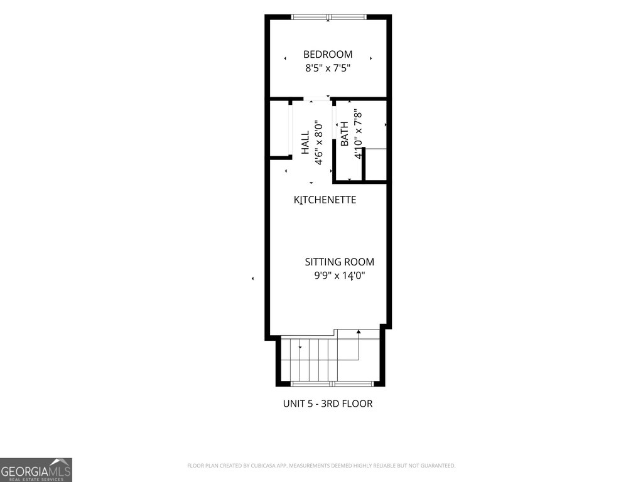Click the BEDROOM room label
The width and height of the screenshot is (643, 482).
click(x=328, y=55)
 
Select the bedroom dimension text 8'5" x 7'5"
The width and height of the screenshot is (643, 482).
click(x=328, y=68)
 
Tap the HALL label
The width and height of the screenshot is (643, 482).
click(x=306, y=142)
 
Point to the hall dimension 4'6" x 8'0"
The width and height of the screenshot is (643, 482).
click(x=318, y=142)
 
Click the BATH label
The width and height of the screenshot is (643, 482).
click(x=345, y=134)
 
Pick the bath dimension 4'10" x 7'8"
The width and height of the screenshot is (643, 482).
click(x=359, y=134)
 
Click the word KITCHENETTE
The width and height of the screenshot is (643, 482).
click(x=325, y=200)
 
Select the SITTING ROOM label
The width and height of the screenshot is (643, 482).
click(x=340, y=262)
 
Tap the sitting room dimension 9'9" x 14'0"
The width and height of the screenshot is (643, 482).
click(x=340, y=276)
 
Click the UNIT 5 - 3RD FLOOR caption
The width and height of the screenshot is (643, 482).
click(x=328, y=404)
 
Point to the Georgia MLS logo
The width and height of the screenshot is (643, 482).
click(x=36, y=469)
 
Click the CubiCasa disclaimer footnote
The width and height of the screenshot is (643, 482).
click(x=321, y=466)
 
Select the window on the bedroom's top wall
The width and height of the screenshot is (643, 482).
click(x=328, y=17)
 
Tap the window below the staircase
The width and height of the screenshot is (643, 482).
click(x=332, y=384)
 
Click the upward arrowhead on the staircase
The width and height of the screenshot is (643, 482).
click(x=359, y=331)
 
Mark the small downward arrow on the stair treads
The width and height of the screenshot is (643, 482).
click(x=300, y=348)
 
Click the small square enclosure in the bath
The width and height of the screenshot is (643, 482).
click(x=376, y=164)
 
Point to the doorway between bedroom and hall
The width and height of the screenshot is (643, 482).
click(x=317, y=99)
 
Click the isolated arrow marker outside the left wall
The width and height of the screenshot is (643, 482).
click(x=252, y=279)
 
